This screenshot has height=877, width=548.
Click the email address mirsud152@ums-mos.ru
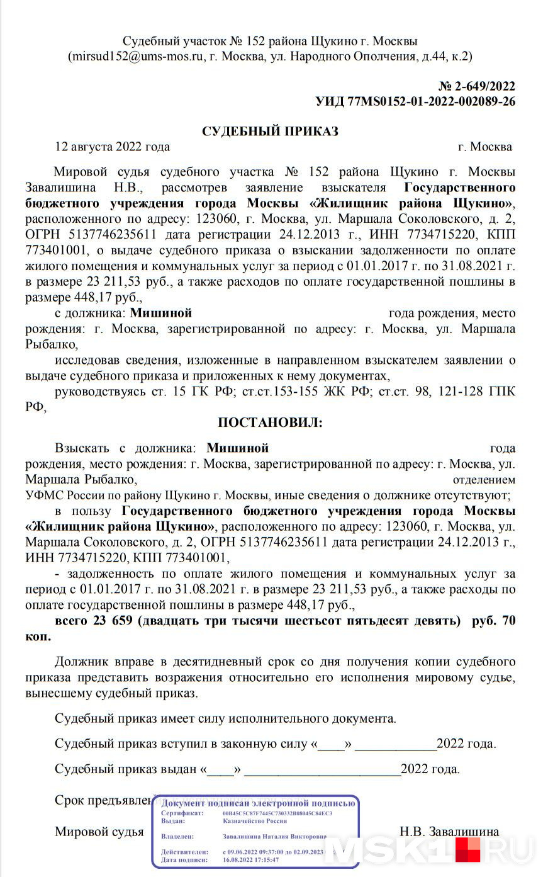pos(138,57)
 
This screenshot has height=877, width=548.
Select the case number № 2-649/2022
pos(476,87)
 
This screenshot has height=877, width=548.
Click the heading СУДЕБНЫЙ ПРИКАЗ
pos(270,131)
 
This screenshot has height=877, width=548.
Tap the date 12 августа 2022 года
pos(113,147)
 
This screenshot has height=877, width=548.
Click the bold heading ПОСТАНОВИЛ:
pos(270,422)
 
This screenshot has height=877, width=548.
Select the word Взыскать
pos(81,448)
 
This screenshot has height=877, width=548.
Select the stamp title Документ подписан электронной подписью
pos(258,803)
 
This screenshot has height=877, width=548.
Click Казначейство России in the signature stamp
pos(255,820)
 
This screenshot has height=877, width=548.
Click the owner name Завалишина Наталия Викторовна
pos(274,837)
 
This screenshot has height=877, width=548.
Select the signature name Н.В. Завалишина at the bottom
pos(449,832)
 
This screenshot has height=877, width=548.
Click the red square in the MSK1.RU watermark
pos(467,849)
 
